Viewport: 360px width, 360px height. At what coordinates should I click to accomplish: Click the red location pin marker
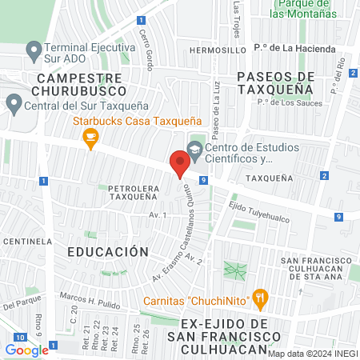[179, 164]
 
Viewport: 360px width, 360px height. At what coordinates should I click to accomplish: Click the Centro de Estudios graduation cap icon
[194, 149]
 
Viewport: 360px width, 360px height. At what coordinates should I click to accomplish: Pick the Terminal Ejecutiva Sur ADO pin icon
[34, 52]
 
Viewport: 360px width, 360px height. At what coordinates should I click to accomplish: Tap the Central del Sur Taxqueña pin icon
[14, 103]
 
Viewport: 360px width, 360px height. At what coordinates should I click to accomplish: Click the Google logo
[26, 350]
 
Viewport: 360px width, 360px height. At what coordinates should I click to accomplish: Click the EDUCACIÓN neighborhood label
[108, 250]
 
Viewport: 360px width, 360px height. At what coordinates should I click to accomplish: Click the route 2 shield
[323, 175]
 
